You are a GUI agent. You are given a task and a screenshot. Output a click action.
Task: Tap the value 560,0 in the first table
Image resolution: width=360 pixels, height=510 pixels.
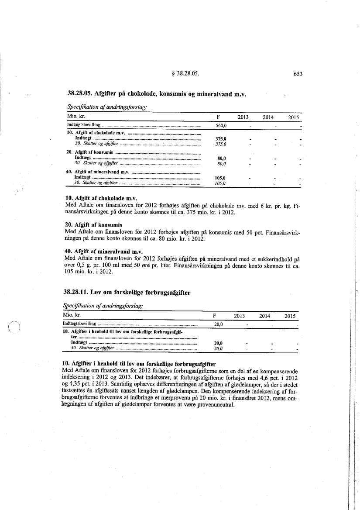click(223, 125)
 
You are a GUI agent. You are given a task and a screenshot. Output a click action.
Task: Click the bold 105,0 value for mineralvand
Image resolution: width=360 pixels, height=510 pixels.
click(220, 178)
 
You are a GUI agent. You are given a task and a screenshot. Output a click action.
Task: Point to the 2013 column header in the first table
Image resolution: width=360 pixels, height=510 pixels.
click(243, 117)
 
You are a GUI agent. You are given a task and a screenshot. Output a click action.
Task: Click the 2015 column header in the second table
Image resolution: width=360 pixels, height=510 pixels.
click(290, 316)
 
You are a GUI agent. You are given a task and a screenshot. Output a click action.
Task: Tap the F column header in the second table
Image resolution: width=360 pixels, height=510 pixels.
click(215, 316)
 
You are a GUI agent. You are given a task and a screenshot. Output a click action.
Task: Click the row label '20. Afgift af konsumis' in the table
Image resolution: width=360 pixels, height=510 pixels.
click(89, 152)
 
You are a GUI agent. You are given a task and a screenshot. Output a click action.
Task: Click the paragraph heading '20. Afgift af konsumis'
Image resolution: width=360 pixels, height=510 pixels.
click(93, 225)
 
